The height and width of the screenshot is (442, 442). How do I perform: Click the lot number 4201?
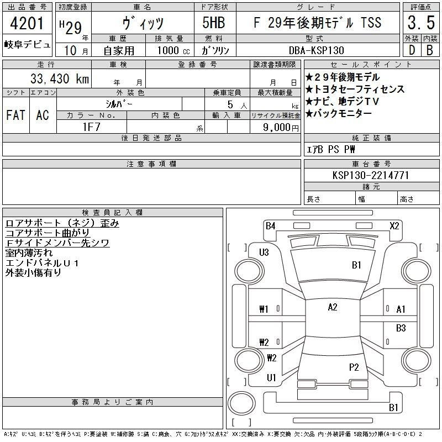(27, 23)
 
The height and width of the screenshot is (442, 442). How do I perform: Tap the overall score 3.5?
(421, 23)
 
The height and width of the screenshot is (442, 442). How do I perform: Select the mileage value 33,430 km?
(60, 78)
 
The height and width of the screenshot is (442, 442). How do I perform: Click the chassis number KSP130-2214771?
(371, 175)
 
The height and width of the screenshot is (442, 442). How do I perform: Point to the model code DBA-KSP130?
(317, 50)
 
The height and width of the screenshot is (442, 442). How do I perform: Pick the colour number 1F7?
(91, 127)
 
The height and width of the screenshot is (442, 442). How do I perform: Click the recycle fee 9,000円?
(281, 128)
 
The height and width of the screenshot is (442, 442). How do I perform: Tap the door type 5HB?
(214, 23)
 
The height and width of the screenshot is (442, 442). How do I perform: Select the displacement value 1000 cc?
(173, 50)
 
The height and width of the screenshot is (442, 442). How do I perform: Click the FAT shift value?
(16, 115)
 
